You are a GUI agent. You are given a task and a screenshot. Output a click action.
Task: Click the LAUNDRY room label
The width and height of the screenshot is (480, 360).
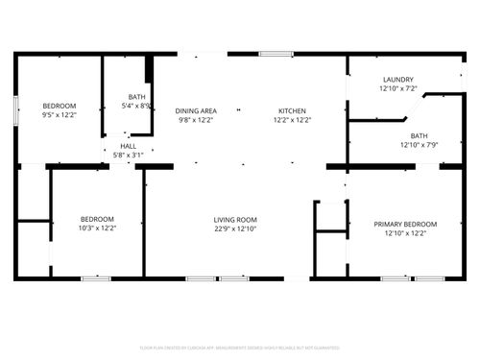[397, 80]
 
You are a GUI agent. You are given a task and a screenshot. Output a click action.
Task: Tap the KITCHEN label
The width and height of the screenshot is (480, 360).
[292, 111]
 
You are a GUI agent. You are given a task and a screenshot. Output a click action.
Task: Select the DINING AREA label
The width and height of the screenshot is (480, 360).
[195, 111]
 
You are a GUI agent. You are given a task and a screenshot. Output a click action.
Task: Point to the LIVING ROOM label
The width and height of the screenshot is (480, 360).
[235, 220]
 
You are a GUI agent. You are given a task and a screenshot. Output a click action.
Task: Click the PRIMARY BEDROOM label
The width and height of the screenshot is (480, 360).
[404, 224]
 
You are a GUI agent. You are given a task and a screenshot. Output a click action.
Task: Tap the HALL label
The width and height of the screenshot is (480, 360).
[128, 146]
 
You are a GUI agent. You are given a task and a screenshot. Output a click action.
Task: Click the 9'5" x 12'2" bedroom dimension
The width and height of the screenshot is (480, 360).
[59, 115]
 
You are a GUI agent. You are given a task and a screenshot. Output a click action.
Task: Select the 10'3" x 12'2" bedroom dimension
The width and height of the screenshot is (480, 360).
[97, 228]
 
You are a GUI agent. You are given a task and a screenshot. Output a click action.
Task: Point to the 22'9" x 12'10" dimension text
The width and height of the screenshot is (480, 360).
[235, 229]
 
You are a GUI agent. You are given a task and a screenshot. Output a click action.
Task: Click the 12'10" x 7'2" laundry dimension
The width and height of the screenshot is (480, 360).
[397, 88]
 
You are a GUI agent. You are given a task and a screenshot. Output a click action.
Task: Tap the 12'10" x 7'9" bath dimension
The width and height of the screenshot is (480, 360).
[419, 145]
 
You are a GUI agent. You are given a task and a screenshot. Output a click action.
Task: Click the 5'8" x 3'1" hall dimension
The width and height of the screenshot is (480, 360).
[128, 155]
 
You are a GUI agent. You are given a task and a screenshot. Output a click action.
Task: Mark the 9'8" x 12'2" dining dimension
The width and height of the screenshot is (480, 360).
[195, 121]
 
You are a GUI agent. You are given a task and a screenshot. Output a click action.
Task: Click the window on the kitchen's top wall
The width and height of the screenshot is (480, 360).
[276, 55]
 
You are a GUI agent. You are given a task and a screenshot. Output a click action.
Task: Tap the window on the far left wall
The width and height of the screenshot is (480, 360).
[15, 108]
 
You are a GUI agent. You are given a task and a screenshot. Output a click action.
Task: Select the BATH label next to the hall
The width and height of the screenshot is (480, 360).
[137, 97]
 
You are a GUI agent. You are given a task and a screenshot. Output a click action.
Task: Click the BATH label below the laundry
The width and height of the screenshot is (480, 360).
[419, 136]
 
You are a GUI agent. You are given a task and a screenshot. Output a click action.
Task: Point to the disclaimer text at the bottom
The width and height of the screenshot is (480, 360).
[240, 347]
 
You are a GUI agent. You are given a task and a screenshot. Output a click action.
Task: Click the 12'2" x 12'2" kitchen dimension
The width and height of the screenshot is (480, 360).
[292, 121]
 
